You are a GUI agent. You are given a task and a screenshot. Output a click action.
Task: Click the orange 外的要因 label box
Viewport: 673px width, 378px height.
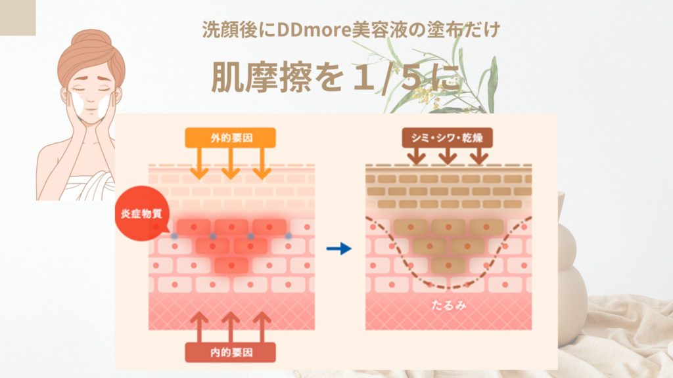click(x=230, y=137)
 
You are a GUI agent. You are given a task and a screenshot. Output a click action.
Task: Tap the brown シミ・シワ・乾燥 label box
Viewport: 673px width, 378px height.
click(x=447, y=137)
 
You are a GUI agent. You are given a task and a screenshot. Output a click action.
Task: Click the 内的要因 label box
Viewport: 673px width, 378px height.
click(x=230, y=352)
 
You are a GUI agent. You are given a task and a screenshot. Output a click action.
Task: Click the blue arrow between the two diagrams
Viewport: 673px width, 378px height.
click(x=339, y=249)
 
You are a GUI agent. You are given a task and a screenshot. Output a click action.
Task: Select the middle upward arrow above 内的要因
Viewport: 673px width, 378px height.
click(x=230, y=325)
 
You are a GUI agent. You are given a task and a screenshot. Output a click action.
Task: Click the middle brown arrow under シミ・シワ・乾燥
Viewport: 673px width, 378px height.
click(x=448, y=156)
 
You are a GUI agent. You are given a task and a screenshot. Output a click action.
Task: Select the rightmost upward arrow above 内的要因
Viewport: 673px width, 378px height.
click(x=262, y=325)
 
